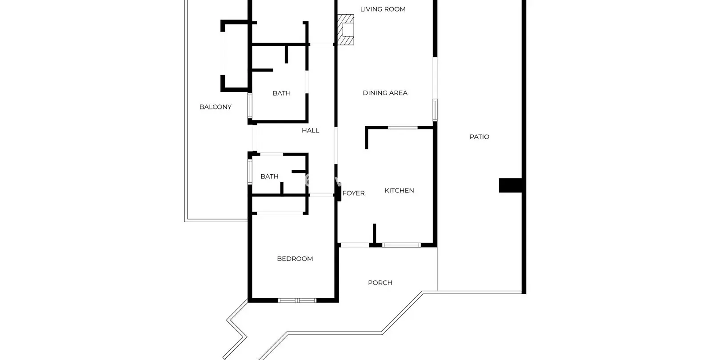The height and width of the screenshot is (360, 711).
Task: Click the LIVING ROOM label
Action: click(383, 9)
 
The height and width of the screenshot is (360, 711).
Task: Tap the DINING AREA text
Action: click(385, 93)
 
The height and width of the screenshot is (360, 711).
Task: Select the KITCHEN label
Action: click(399, 191)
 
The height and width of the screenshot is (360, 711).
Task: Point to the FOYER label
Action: click(354, 193)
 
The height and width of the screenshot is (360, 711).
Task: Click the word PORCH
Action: click(380, 283)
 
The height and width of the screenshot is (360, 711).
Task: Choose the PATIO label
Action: click(479, 137)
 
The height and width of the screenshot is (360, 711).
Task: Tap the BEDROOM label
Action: click(295, 259)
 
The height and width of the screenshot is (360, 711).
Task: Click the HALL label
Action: click(311, 131)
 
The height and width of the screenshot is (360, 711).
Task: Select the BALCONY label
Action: click(215, 107)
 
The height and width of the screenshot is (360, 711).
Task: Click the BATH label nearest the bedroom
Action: click(269, 176)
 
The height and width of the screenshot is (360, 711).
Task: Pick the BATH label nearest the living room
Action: click(282, 93)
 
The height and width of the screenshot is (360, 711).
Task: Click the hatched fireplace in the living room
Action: click(345, 29)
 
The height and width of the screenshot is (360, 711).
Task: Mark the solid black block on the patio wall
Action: click(511, 185)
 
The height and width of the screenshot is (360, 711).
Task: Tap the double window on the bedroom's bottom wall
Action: click(297, 300)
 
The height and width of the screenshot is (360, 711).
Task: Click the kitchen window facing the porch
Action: click(402, 245)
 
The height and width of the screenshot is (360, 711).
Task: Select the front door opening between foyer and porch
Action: click(355, 245)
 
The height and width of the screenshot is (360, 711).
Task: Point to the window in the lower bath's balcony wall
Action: click(250, 172)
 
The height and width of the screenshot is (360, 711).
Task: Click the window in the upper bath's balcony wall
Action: click(250, 106)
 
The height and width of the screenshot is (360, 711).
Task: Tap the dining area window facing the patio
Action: click(435, 110)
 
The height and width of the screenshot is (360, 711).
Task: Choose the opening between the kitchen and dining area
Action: click(403, 128)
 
